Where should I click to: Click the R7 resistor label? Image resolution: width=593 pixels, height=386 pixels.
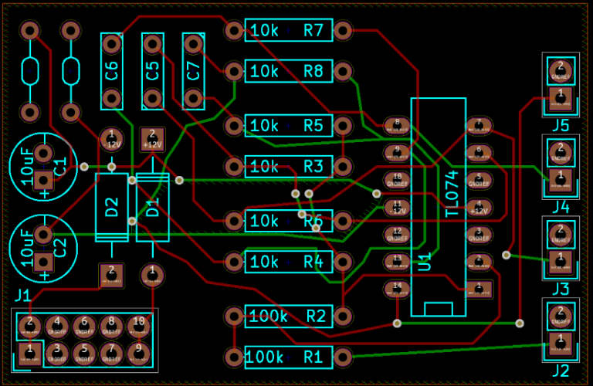coord(313,31)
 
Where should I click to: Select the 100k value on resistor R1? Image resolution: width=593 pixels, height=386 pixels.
coord(266,357)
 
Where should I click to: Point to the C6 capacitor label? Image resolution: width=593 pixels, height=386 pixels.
coord(112,71)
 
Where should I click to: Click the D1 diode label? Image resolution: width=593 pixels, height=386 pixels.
coord(153,207)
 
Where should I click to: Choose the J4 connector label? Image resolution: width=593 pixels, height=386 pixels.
coord(561,206)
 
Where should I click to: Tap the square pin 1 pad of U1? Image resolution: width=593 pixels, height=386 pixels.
coord(479,289)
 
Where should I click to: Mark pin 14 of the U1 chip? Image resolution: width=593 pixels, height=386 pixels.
coord(397,289)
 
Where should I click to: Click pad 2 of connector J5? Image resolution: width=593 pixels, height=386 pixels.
coord(561,68)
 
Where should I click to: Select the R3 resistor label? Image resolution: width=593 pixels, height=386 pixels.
coord(313,166)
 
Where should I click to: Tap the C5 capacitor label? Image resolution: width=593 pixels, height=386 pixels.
coord(153,71)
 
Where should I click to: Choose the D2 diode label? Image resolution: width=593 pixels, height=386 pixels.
coord(112,207)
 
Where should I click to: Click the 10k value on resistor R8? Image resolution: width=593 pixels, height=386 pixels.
coord(265,71)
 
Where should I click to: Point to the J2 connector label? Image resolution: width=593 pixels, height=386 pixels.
coord(561,371)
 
